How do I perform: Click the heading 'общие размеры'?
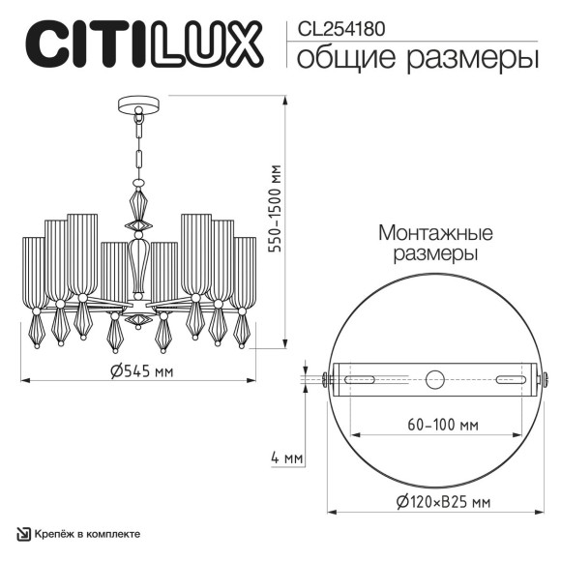(x=417, y=59)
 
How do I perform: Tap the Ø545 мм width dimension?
(x=141, y=372)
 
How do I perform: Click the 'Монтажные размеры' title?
(x=436, y=244)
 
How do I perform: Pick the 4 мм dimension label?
(x=287, y=457)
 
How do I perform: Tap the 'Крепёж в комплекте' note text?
(x=87, y=534)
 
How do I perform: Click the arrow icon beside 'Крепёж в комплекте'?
(x=22, y=534)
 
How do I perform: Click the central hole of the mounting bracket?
(x=435, y=378)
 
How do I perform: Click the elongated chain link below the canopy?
(x=137, y=156)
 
